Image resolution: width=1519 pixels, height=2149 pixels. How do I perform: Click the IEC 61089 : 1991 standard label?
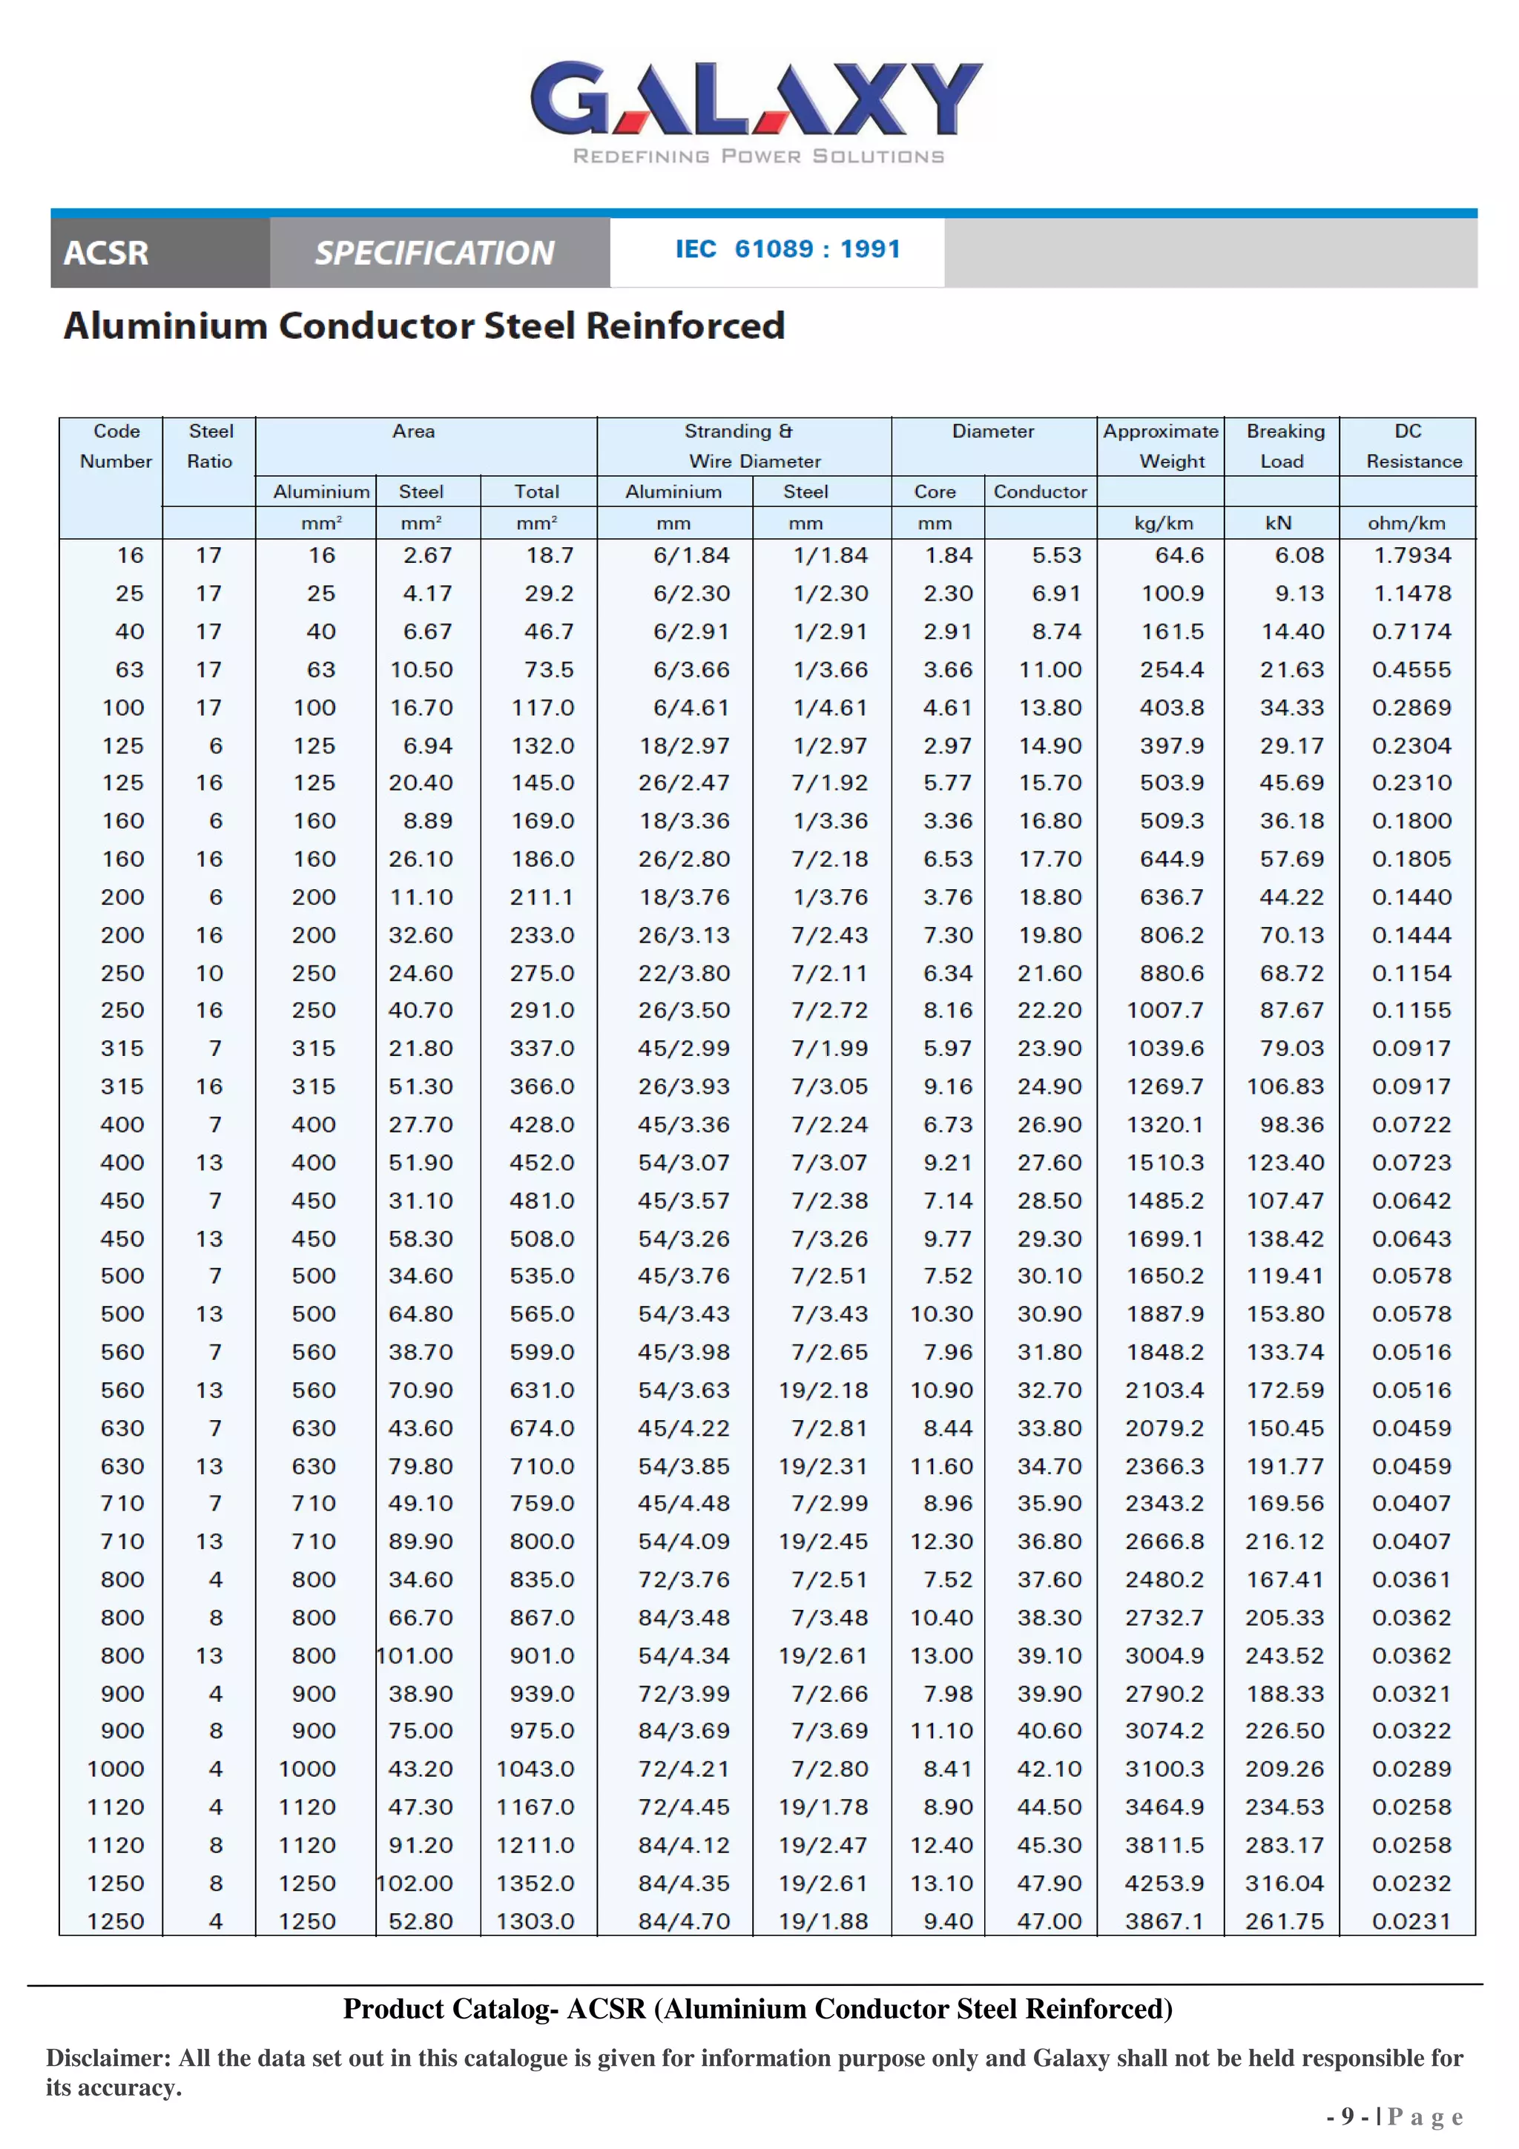(787, 249)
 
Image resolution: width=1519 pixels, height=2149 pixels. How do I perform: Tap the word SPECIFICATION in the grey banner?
(435, 253)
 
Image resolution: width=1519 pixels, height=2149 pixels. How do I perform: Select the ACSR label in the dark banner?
(106, 253)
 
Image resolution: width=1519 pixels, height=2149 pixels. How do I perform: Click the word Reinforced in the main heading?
(685, 326)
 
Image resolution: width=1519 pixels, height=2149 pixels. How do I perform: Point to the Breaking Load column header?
(1284, 446)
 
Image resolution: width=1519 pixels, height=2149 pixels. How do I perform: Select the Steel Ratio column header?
(211, 446)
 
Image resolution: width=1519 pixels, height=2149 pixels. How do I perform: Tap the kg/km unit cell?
(1162, 524)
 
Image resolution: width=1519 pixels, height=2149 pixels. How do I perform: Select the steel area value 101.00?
(415, 1656)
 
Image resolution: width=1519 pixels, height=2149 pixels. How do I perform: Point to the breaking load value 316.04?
(1284, 1884)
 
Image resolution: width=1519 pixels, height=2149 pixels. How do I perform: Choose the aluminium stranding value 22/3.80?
(683, 974)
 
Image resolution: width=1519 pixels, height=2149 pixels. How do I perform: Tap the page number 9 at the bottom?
(1347, 2116)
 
